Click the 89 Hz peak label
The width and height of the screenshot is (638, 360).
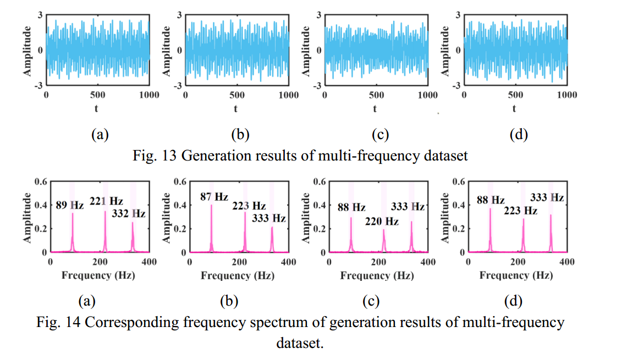[70, 206]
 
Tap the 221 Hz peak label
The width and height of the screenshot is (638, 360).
[106, 201]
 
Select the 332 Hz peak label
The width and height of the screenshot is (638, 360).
[128, 213]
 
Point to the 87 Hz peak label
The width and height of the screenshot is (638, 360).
[214, 196]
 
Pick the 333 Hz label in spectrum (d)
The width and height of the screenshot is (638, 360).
[547, 197]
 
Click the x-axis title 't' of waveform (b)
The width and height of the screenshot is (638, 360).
[235, 109]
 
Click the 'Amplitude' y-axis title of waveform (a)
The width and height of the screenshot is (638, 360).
[26, 50]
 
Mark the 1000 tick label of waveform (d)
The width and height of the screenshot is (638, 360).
[567, 95]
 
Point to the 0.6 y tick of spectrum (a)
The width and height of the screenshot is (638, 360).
[40, 181]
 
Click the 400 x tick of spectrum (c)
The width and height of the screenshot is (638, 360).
[428, 262]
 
